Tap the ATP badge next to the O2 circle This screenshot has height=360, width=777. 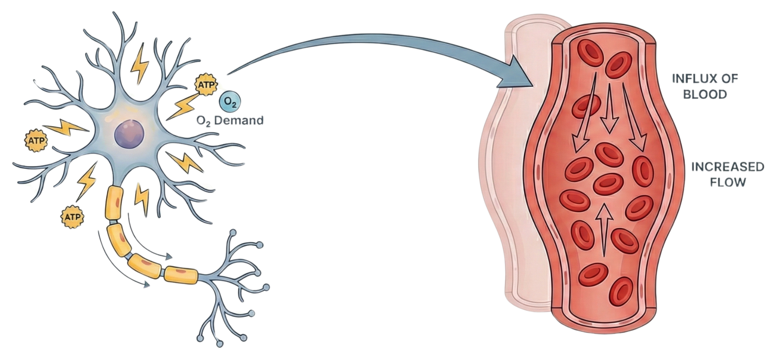205,85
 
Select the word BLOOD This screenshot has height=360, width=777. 705,94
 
